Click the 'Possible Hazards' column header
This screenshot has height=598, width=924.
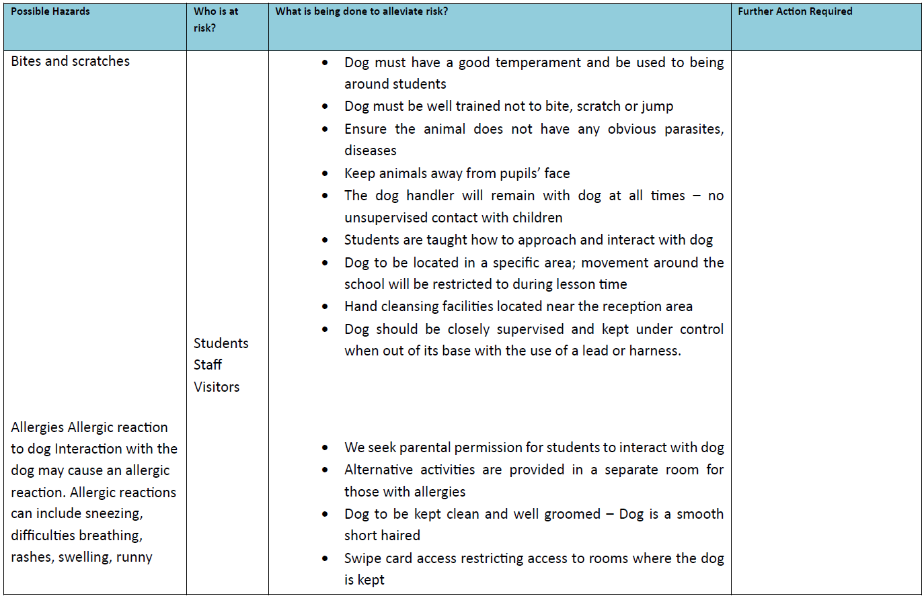click(x=50, y=11)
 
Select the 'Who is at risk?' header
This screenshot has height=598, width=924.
click(x=215, y=19)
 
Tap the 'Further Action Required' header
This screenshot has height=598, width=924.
click(x=795, y=11)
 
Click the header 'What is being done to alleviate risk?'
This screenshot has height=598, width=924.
click(x=361, y=11)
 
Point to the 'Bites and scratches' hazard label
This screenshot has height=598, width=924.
click(x=71, y=61)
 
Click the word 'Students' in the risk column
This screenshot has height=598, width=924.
click(x=221, y=343)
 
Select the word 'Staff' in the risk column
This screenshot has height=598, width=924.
click(x=207, y=365)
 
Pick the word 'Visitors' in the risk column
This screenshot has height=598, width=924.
click(x=217, y=387)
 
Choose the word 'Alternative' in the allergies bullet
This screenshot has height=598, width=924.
click(x=379, y=470)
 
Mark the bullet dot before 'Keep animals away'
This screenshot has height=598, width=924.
click(x=325, y=173)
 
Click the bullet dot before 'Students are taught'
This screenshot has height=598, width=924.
click(x=325, y=240)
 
